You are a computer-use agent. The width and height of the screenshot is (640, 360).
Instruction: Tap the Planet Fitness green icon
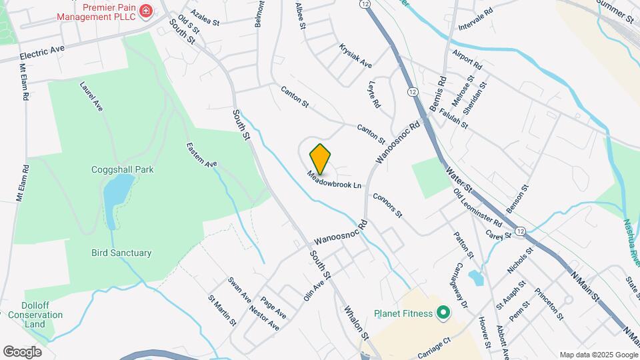(441, 313)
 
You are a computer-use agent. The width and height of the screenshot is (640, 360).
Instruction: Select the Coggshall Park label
(122, 169)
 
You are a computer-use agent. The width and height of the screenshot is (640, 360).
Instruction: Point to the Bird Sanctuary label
(121, 253)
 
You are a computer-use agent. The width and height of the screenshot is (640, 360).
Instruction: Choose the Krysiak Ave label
(355, 57)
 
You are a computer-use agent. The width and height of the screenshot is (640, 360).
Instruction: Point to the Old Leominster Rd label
(477, 207)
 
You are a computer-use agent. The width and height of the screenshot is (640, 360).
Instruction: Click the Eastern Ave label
(202, 155)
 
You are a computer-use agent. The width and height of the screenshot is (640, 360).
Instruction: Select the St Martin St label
(222, 311)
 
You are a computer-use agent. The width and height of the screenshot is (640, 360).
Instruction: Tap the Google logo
(22, 351)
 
